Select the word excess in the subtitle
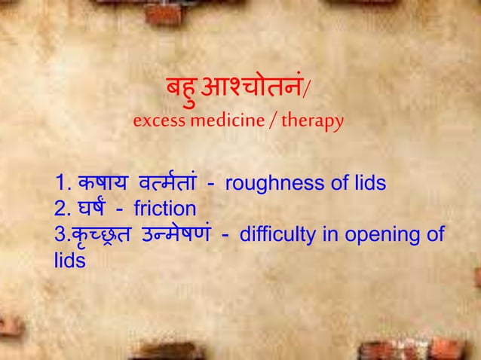click(156, 121)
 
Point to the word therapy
click(316, 121)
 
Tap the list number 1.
click(61, 184)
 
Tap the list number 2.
click(61, 209)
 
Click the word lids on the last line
click(69, 260)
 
